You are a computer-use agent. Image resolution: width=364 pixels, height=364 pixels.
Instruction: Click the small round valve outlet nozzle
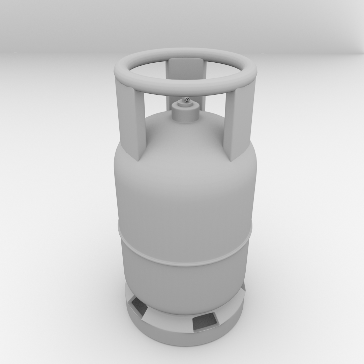(x=187, y=99)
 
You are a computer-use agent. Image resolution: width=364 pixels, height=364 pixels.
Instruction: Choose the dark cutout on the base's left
(x=139, y=306)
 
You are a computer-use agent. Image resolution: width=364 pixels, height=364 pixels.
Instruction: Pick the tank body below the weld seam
(x=185, y=286)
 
